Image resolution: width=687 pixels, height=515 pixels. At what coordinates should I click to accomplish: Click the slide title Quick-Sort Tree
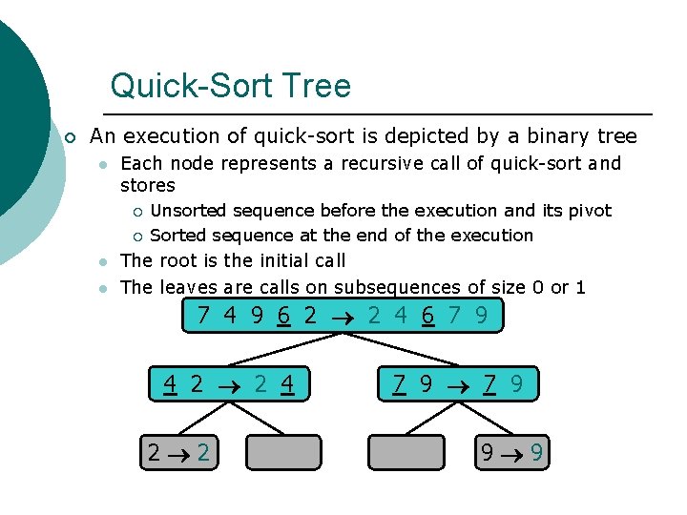230,86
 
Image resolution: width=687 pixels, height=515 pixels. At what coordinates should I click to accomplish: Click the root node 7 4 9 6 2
342,316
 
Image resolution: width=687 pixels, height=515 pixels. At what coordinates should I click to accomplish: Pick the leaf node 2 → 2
178,452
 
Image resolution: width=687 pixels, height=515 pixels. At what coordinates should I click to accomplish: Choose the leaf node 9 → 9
513,452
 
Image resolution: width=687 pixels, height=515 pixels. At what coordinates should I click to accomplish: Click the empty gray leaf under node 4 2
282,452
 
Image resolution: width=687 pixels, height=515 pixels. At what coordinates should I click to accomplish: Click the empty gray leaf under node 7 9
406,452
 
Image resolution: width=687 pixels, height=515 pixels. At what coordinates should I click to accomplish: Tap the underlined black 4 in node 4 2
169,384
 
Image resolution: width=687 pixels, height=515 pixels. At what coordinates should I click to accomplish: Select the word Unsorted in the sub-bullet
190,211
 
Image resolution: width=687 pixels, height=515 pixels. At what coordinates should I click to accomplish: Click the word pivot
591,211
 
